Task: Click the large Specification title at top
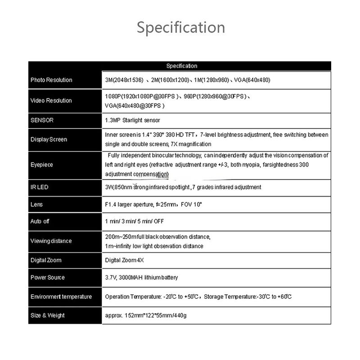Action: coord(180,27)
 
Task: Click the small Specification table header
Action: coord(181,66)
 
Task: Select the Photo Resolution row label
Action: coord(51,80)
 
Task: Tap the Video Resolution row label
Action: coord(51,100)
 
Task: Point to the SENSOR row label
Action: coord(42,121)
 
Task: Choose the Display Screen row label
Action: coord(49,139)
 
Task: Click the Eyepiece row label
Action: coord(42,165)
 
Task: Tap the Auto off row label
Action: coord(40,222)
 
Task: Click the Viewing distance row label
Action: coord(51,241)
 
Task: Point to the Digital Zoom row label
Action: coord(46,260)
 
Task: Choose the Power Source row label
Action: coord(48,278)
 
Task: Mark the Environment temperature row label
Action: coord(61,297)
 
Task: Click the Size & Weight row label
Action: coord(48,315)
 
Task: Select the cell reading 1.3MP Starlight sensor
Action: coord(132,121)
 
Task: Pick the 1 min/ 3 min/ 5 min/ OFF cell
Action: coord(134,222)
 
